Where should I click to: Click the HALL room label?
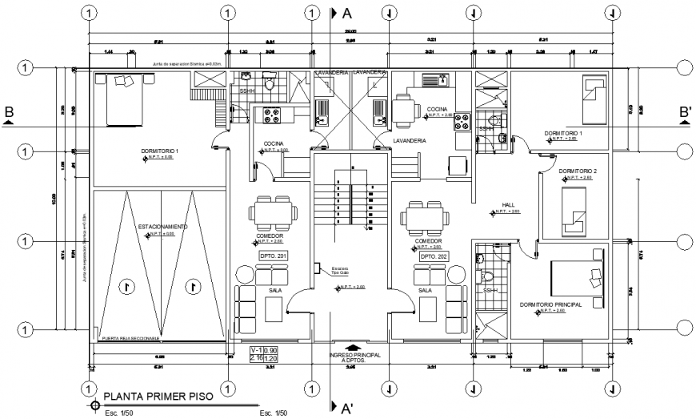[507, 204]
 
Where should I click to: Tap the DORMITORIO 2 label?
[578, 171]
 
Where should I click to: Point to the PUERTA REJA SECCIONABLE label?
[133, 339]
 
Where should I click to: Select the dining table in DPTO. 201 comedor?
[272, 213]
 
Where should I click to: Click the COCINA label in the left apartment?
[276, 145]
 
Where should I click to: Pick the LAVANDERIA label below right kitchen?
[409, 140]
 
